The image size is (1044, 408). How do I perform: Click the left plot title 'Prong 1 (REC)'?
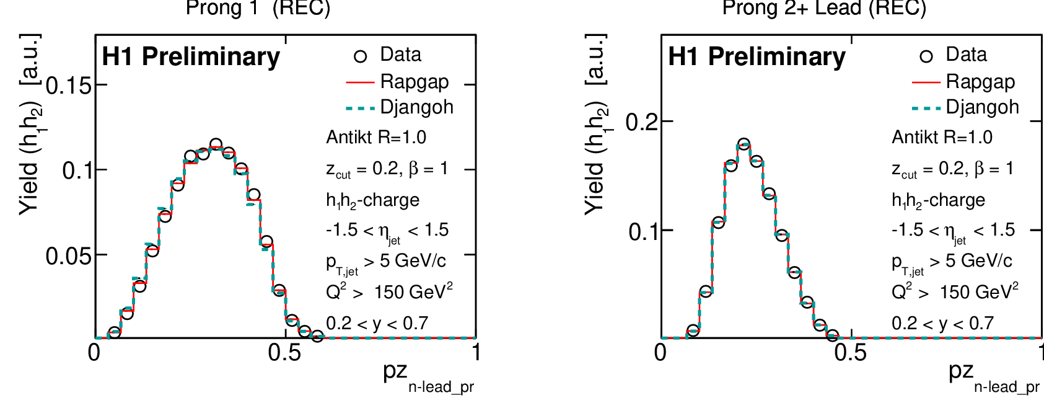[x=258, y=8]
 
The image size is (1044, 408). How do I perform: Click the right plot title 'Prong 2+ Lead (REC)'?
[x=824, y=8]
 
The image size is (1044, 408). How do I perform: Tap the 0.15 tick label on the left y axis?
[x=69, y=86]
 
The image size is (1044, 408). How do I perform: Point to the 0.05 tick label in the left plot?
[x=69, y=255]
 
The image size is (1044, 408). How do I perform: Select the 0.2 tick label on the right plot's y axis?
[x=641, y=122]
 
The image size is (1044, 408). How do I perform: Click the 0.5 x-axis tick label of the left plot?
[x=284, y=353]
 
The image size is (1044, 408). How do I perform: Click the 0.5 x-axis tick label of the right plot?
[x=851, y=353]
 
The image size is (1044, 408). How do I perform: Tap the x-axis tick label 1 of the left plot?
[x=476, y=353]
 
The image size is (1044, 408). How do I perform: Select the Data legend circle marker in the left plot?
[x=360, y=56]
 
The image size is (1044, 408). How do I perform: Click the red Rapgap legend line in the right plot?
[x=926, y=82]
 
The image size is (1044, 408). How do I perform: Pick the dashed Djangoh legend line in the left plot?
[x=360, y=108]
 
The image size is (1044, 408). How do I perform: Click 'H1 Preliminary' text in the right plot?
[x=757, y=57]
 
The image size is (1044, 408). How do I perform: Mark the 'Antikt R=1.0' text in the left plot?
[x=376, y=137]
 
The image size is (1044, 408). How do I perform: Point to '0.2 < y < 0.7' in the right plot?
[x=942, y=323]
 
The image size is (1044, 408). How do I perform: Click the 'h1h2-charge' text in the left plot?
[x=372, y=200]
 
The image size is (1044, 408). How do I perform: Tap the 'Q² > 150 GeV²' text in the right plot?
[x=955, y=291]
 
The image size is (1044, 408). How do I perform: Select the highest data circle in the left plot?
[x=216, y=145]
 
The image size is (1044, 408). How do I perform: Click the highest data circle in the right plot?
[x=744, y=144]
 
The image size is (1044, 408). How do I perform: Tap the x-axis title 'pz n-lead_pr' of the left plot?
[x=428, y=376]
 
